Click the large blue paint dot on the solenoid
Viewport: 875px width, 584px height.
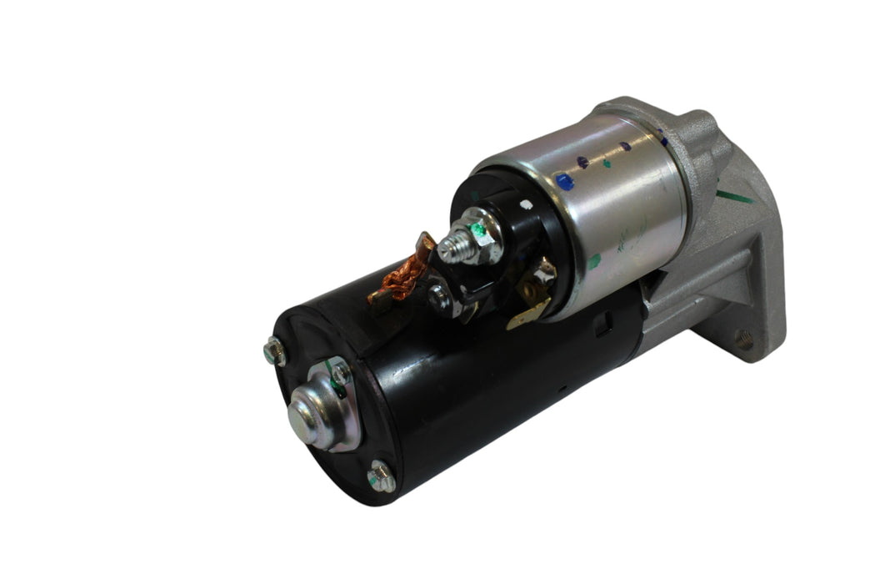click(x=565, y=180)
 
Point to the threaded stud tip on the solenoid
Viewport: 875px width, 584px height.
click(x=447, y=247)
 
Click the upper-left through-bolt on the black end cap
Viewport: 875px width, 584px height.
click(x=275, y=352)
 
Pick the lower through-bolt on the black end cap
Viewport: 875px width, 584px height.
click(x=380, y=477)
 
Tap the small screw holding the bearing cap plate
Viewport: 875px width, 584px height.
click(x=341, y=372)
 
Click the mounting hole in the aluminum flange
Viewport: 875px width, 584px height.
click(x=744, y=339)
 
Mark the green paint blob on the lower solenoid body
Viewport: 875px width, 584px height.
click(x=594, y=261)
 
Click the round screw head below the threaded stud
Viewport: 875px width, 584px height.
click(x=439, y=294)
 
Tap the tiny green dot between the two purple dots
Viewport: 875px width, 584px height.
click(x=606, y=164)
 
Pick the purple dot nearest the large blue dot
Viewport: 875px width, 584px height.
click(x=583, y=162)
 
